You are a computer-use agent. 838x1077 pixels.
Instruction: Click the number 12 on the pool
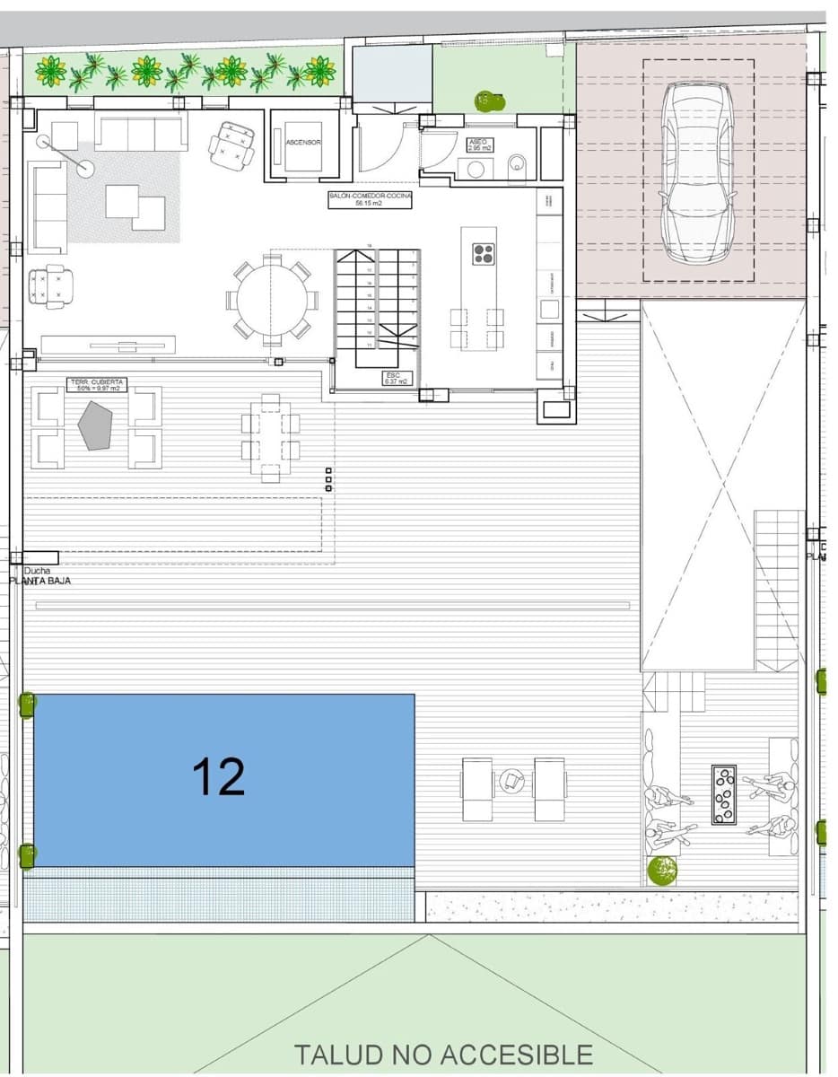[x=219, y=777]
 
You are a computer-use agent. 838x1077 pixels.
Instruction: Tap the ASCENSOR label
[x=303, y=143]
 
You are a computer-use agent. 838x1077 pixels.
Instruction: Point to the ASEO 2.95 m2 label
[x=478, y=144]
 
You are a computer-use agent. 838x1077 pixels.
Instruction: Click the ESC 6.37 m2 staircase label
[x=396, y=379]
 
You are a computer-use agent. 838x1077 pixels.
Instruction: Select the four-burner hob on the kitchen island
[x=484, y=254]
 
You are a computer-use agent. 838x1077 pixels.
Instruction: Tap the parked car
[x=697, y=171]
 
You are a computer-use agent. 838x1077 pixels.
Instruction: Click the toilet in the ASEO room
[x=518, y=166]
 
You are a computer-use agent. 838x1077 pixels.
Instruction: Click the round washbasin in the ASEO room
[x=476, y=168]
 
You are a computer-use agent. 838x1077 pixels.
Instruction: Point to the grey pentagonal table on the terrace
[x=94, y=425]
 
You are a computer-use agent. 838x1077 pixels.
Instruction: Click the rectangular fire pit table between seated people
[x=723, y=794]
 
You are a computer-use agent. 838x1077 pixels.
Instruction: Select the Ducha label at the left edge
[x=37, y=571]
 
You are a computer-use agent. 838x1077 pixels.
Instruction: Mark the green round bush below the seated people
[x=662, y=870]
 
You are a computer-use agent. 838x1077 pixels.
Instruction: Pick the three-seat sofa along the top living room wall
[x=141, y=134]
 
